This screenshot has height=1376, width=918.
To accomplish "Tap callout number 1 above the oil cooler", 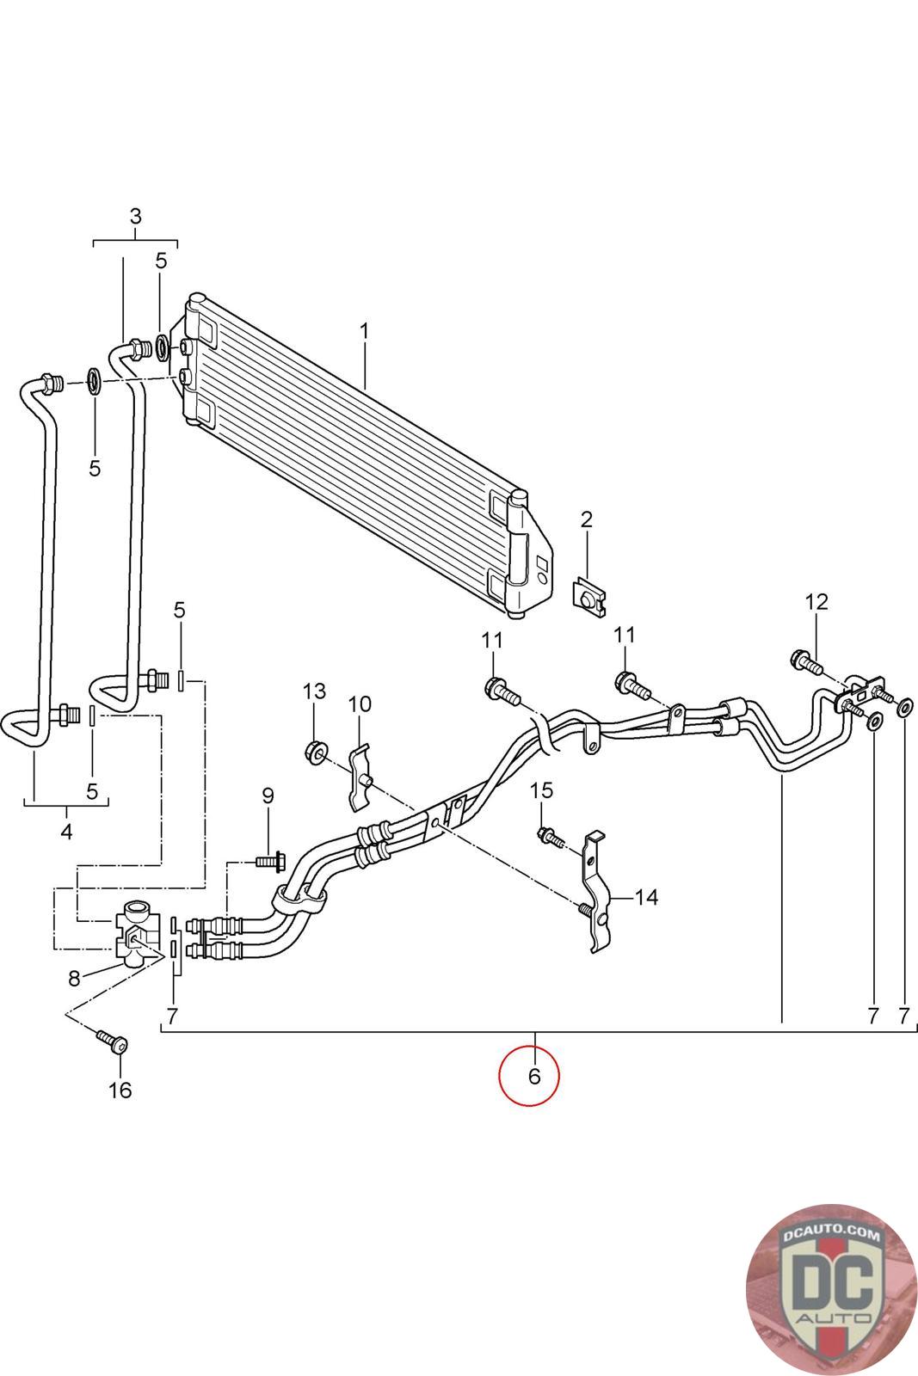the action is coord(364,331).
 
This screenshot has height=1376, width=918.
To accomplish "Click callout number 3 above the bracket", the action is coord(136,216).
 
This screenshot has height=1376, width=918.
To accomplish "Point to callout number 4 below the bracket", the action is coord(66,832).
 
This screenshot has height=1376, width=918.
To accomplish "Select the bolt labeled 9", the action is coord(270,861).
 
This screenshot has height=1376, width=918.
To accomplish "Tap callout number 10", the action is coord(360,704).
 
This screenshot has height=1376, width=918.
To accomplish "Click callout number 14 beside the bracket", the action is coord(646,898).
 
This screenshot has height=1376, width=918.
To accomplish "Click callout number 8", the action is coord(74,979).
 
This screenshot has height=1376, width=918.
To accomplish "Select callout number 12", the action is coord(816,602).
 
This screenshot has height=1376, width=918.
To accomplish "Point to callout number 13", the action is coord(314,691).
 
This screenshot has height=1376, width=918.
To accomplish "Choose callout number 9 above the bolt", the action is coord(268,796).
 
